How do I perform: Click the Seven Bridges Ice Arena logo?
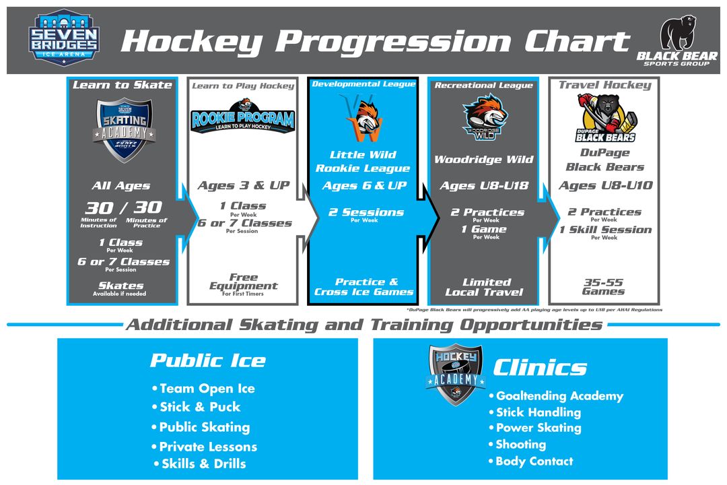pyautogui.click(x=65, y=38)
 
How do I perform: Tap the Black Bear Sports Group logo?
pyautogui.click(x=677, y=40)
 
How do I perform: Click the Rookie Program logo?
pyautogui.click(x=242, y=117)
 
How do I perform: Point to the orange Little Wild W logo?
pyautogui.click(x=364, y=119)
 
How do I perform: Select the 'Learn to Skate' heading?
pyautogui.click(x=123, y=85)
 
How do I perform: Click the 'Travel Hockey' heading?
pyautogui.click(x=604, y=85)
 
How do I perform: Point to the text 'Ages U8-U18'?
pyautogui.click(x=484, y=186)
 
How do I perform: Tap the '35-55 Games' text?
pyautogui.click(x=603, y=287)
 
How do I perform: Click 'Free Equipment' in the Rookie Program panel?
pyautogui.click(x=243, y=282)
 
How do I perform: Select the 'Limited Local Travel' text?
pyautogui.click(x=485, y=287)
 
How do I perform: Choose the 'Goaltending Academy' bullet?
pyautogui.click(x=559, y=396)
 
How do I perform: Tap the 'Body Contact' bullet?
pyautogui.click(x=534, y=461)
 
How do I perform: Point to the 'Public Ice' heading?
pyautogui.click(x=207, y=360)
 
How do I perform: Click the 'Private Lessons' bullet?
pyautogui.click(x=207, y=447)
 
